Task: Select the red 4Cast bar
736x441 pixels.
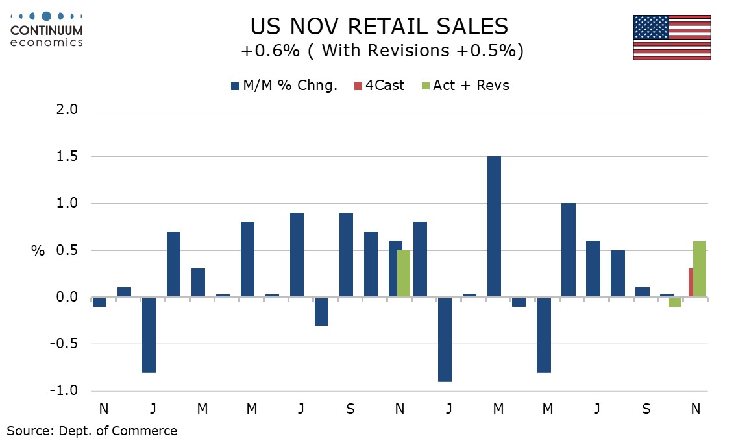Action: [x=691, y=283]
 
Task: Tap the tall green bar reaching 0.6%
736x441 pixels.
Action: [x=699, y=269]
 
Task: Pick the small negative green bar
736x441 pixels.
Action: [x=675, y=302]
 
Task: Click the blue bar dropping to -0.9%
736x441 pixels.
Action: [x=446, y=339]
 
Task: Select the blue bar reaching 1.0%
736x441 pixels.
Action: [x=569, y=250]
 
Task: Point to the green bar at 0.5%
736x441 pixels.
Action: [x=404, y=274]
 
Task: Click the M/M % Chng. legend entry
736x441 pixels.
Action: [x=284, y=86]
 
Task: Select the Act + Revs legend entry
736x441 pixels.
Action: [x=465, y=86]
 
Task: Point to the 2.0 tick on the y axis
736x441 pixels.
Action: [x=64, y=110]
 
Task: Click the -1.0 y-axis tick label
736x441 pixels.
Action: [x=62, y=391]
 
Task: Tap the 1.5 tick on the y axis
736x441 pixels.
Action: [x=64, y=156]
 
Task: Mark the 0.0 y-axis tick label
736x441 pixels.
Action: [x=64, y=297]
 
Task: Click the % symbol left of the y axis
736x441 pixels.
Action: [x=38, y=251]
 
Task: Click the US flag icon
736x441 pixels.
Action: [x=672, y=37]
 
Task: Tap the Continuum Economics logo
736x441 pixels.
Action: [x=47, y=29]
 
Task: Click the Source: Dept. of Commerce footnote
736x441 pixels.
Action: [x=92, y=430]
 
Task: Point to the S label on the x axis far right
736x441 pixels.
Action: [x=646, y=409]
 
